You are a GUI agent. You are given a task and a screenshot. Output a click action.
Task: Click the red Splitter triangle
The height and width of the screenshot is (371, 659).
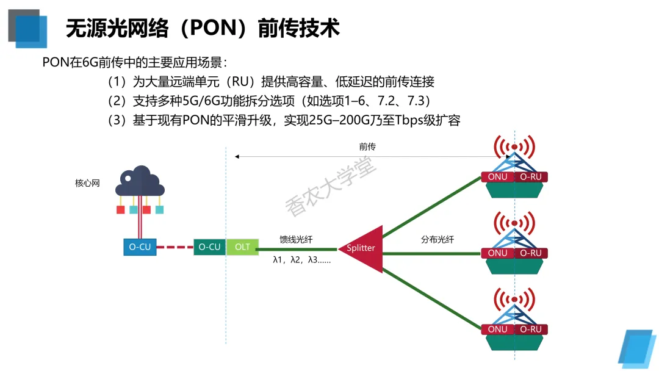point(363,248)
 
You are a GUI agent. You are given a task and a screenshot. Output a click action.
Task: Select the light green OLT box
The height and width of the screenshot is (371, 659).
point(242,247)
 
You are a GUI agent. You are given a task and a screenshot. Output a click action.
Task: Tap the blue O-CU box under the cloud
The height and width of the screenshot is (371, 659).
point(140,247)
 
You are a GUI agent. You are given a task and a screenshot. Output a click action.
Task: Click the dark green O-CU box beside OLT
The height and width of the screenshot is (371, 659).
point(209,247)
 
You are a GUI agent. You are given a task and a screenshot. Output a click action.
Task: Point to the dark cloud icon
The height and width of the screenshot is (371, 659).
point(141,181)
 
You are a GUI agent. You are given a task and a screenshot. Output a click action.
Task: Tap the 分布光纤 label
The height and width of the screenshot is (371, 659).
point(438,239)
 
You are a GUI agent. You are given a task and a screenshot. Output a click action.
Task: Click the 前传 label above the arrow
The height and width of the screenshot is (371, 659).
point(367,146)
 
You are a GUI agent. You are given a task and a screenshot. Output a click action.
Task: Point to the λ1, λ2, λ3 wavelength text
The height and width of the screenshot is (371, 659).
point(301,261)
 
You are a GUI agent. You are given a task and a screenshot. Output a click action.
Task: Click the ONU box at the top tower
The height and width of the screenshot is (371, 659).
point(498,177)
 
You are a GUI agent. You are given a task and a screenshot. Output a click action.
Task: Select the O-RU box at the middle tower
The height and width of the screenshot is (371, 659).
point(531,253)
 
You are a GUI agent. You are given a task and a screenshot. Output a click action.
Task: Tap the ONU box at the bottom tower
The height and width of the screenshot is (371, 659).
point(498,330)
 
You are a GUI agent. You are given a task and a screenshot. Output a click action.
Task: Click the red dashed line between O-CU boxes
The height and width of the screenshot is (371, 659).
point(175,247)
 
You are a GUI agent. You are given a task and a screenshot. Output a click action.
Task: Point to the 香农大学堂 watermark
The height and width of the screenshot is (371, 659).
point(331,183)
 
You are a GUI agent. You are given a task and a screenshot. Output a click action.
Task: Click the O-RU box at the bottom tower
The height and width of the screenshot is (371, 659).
point(531,330)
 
